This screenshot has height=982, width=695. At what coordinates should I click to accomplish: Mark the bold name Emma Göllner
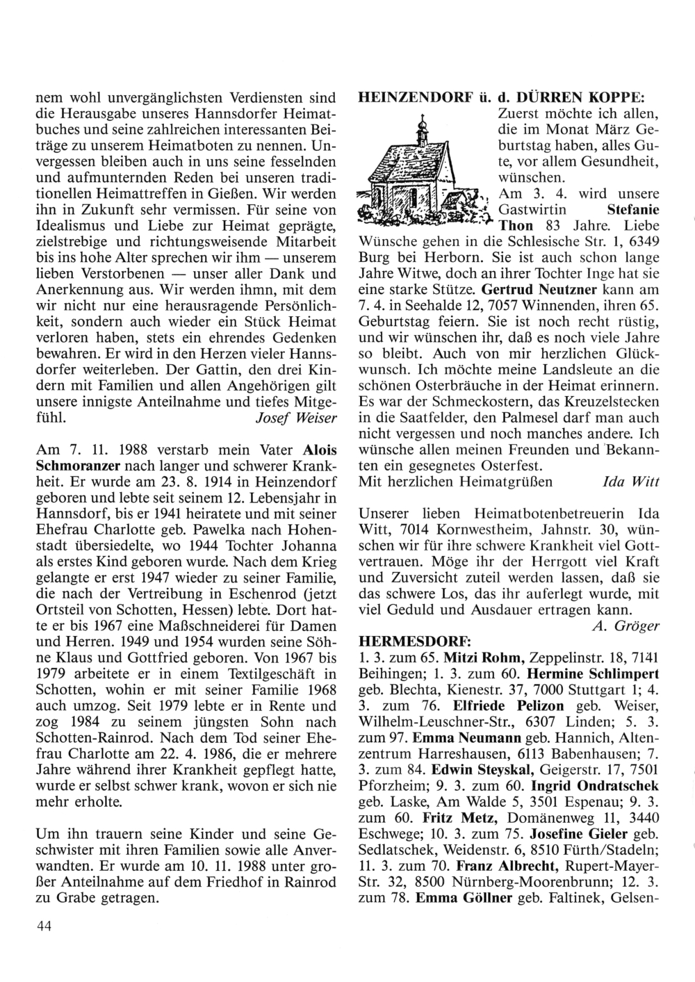(464, 898)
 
